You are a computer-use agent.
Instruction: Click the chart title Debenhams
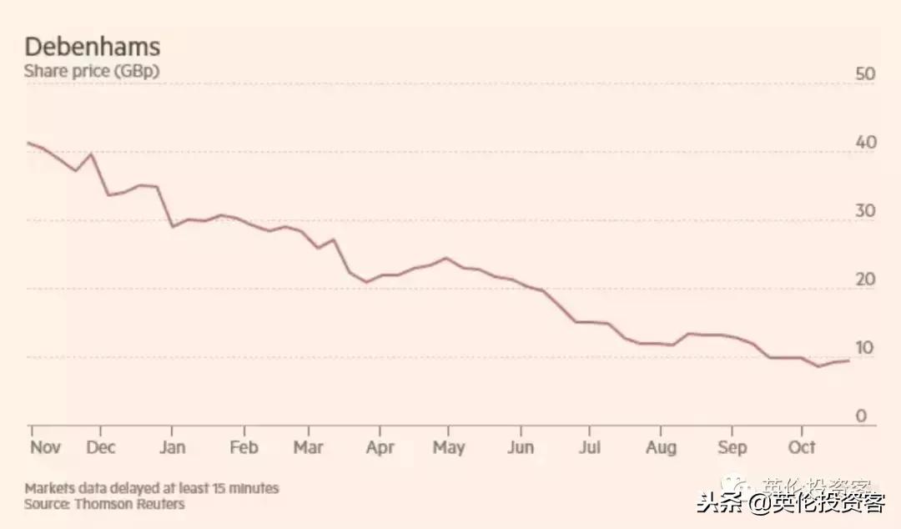92,46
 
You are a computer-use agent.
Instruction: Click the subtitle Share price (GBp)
91,72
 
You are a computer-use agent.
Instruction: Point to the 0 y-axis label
862,416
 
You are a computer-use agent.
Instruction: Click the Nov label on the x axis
45,448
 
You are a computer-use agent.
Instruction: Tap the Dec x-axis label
100,448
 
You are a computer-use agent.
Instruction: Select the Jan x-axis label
171,448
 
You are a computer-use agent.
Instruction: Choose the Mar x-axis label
308,448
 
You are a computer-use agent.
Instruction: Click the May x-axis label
449,448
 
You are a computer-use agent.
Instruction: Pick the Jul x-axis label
589,448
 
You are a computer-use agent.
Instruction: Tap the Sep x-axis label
732,448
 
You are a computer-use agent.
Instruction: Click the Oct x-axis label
802,448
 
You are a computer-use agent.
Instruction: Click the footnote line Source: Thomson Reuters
104,504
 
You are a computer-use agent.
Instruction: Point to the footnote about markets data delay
152,488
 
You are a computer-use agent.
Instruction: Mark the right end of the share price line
849,360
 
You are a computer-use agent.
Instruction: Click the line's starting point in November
28,143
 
